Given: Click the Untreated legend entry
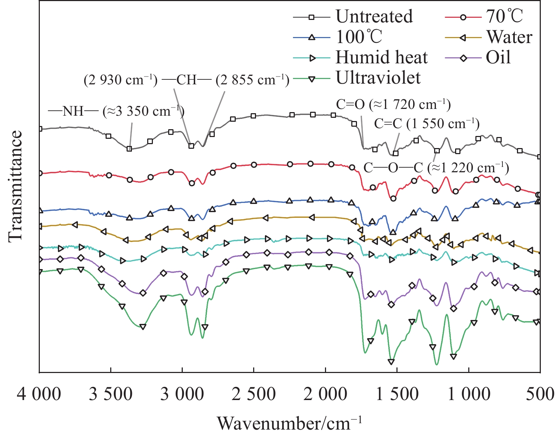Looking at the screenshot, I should tap(374, 16).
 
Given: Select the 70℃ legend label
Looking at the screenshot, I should tap(505, 16).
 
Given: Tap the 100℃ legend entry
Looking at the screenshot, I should tap(359, 37).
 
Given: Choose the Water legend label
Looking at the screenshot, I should tap(509, 37).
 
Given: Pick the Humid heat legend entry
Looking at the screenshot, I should tap(382, 57).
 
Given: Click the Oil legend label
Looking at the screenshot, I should tap(498, 57).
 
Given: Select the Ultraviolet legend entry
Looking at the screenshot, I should tap(378, 78).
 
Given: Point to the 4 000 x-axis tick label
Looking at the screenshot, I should tap(39, 394).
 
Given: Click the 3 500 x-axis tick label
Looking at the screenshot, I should tap(111, 394).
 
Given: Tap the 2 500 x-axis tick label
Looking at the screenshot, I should tap(254, 394).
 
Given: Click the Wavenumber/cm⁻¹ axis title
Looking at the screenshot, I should tap(290, 423).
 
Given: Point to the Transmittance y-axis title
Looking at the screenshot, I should tap(15, 185).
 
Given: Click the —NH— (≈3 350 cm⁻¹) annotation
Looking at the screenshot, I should tap(117, 111).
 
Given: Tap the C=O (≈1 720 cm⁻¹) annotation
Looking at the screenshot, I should tap(394, 104).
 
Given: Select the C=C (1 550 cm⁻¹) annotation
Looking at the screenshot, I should tap(427, 124).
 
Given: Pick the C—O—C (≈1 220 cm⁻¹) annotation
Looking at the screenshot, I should tap(436, 167).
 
